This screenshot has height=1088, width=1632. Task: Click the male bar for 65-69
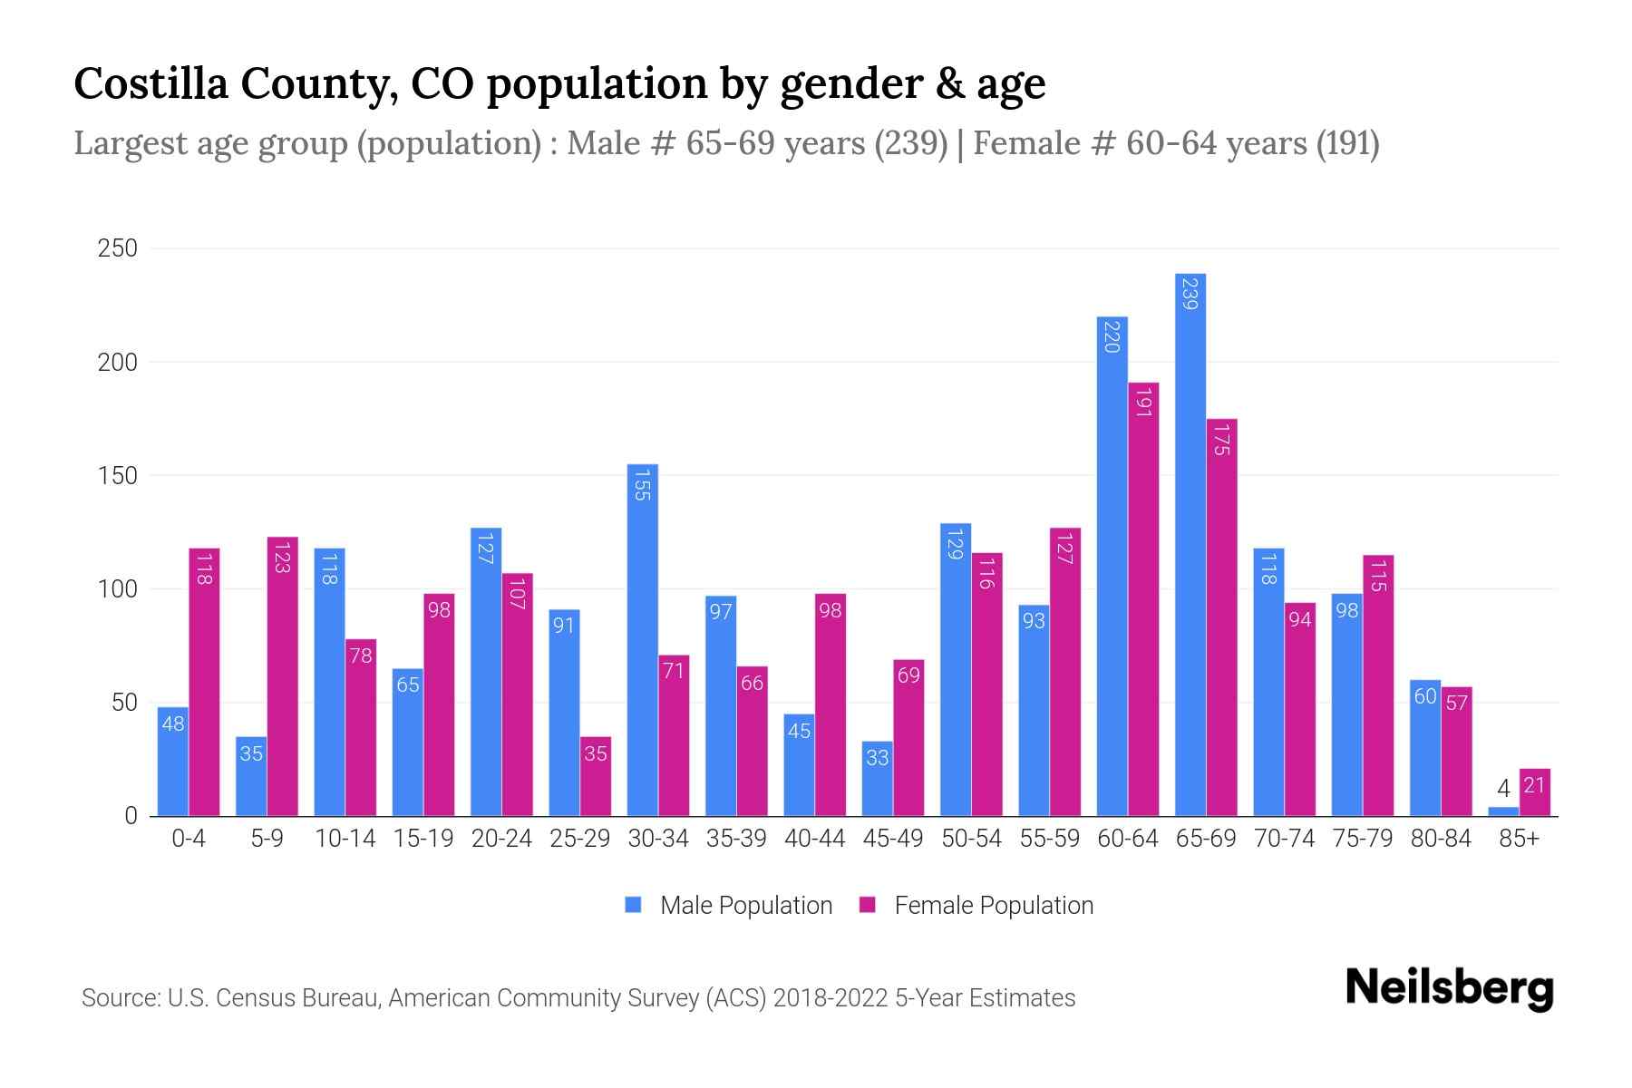point(1190,544)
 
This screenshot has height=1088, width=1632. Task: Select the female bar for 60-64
point(1143,598)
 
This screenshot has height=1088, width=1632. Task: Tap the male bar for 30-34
point(642,639)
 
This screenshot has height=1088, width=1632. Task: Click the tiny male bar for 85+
point(1502,811)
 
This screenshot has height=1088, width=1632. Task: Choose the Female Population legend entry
point(976,906)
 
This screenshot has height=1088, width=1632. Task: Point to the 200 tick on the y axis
point(118,362)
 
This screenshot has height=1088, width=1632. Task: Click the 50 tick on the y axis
point(122,703)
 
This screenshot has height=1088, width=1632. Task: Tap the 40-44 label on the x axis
point(814,839)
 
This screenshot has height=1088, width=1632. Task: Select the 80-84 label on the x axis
point(1440,839)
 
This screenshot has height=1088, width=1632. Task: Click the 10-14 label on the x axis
point(345,839)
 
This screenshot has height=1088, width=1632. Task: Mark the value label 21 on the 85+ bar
point(1533,784)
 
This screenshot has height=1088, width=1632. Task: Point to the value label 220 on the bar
point(1112,337)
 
